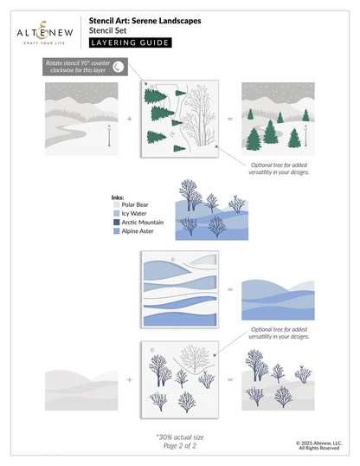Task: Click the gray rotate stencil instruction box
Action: coord(86,67)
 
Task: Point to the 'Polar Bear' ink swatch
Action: coord(116,206)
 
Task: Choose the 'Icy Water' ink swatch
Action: coord(116,215)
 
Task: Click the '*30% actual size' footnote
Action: coord(181,437)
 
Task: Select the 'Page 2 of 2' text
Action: coord(181,446)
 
